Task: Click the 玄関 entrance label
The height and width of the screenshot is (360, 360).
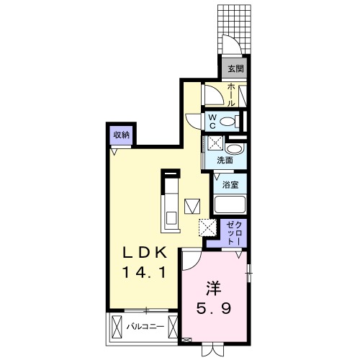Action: (235, 70)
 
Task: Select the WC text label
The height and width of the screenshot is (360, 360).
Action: (214, 120)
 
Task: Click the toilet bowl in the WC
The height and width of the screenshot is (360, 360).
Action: (230, 120)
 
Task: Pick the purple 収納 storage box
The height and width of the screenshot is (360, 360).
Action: (121, 135)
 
